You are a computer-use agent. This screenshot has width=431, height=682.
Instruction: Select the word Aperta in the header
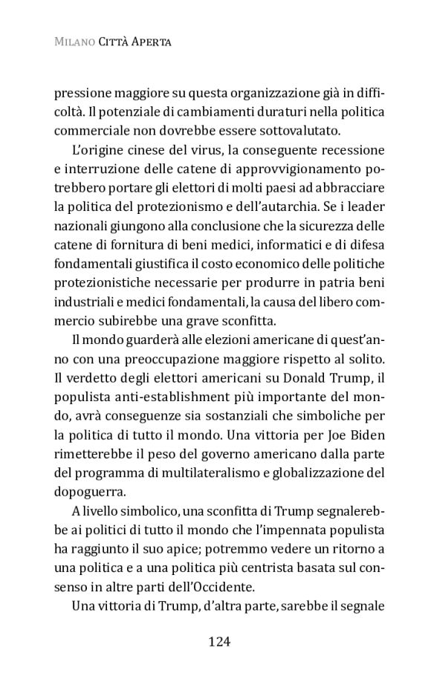(x=152, y=43)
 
